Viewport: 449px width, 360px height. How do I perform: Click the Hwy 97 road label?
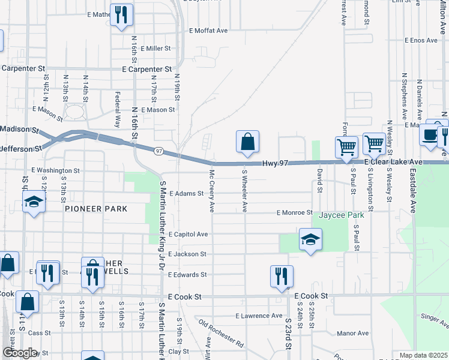276,163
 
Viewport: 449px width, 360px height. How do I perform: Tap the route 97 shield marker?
158,151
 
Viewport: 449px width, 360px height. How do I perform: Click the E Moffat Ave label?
208,29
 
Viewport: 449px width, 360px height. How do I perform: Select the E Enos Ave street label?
422,40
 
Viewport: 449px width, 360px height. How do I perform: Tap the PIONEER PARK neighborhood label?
96,209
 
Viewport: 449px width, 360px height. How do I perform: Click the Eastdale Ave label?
413,198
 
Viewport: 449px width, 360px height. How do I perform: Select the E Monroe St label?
294,212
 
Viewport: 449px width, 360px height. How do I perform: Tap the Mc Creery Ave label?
211,190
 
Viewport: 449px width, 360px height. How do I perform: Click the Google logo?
20,353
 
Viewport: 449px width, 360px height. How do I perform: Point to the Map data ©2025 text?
423,355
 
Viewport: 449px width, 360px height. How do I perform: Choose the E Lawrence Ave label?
259,316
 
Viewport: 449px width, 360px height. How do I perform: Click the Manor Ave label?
352,333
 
